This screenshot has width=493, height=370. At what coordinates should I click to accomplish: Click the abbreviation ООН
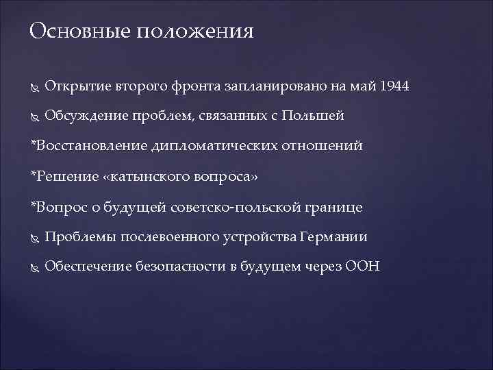point(364,267)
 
